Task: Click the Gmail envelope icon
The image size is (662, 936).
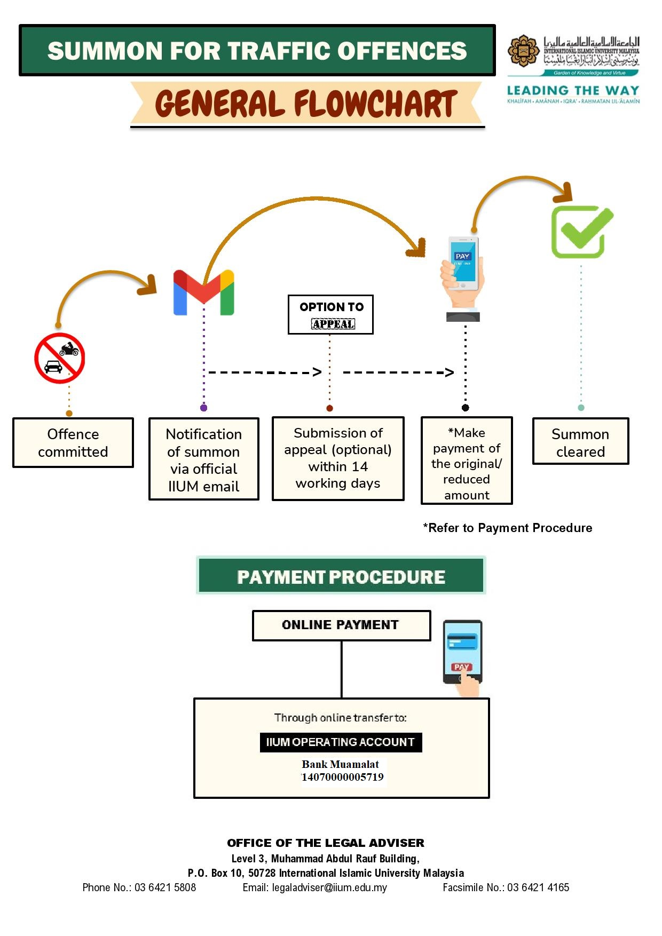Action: (203, 292)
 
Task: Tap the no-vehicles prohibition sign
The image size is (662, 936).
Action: (60, 358)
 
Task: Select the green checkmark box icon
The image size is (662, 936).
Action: (581, 232)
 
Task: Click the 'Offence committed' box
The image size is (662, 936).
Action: (73, 443)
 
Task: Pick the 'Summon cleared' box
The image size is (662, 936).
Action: (580, 441)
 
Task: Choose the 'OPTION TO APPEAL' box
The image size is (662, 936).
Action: (330, 315)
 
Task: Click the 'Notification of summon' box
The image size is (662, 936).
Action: (203, 459)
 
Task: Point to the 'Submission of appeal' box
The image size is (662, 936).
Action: (338, 458)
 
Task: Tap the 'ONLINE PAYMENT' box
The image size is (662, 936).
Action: (341, 625)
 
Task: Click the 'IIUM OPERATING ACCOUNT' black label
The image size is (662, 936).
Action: (341, 742)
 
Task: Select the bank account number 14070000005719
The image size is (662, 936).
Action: (343, 777)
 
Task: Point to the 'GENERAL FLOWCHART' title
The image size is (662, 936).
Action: (306, 104)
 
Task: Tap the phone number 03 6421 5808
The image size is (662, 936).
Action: (165, 887)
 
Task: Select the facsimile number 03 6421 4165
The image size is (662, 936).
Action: (538, 887)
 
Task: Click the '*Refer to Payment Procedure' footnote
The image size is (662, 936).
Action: (508, 528)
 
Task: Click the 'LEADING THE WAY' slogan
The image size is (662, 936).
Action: (573, 91)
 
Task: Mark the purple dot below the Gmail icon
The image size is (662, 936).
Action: (203, 408)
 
